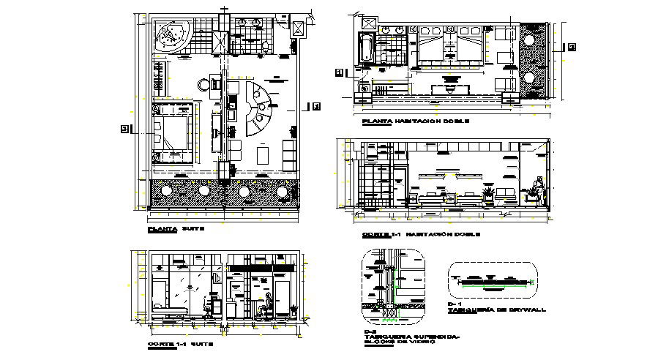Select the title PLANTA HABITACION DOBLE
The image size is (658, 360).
pyautogui.click(x=411, y=121)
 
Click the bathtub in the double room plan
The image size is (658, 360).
pyautogui.click(x=366, y=48)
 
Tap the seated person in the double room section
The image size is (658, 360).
pyautogui.click(x=539, y=189)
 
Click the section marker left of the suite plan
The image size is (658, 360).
pyautogui.click(x=124, y=129)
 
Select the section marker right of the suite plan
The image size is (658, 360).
pyautogui.click(x=316, y=107)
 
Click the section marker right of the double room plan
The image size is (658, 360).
pyautogui.click(x=572, y=48)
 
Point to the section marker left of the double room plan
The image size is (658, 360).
pyautogui.click(x=338, y=72)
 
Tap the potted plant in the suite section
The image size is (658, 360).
pyautogui.click(x=217, y=279)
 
